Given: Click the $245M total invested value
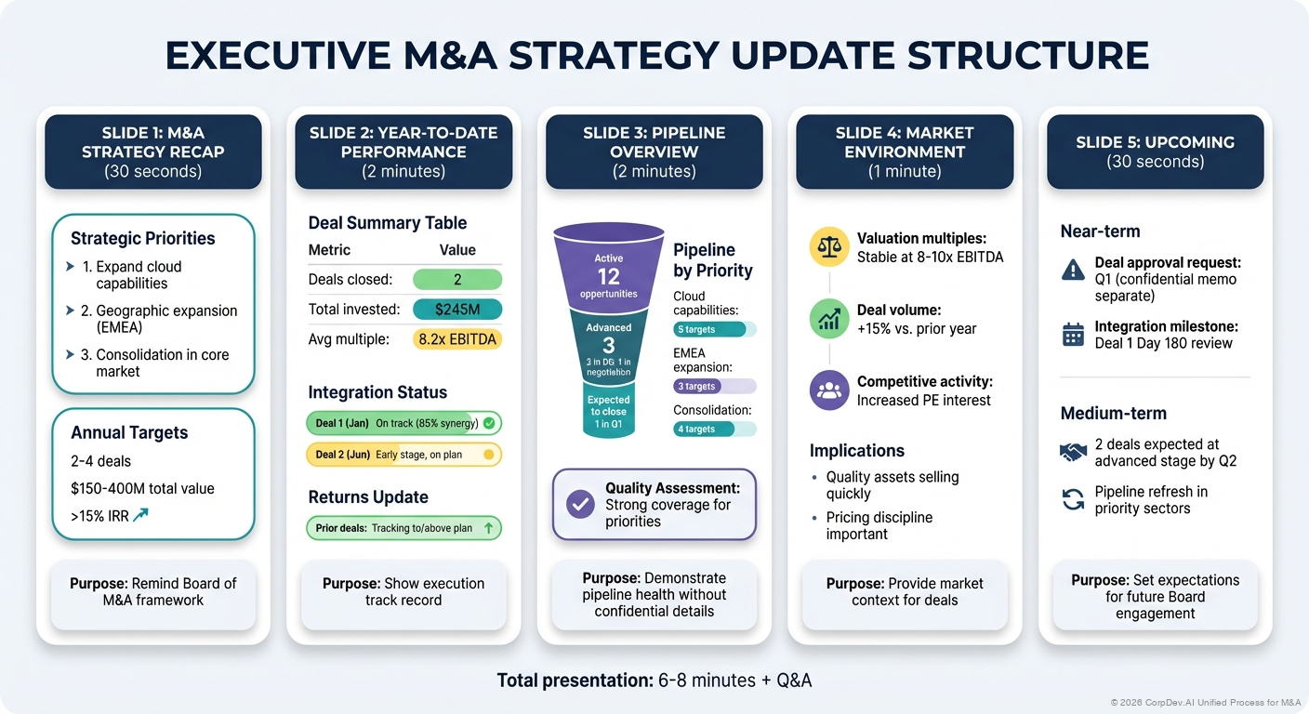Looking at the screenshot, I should point(456,310).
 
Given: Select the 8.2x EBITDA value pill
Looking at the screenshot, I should point(456,339).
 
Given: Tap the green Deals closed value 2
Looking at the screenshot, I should point(456,280).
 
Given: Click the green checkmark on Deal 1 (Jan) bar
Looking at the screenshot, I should point(489,423).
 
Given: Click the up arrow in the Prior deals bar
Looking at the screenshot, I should point(488,528).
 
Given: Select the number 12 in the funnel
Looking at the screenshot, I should point(608,276).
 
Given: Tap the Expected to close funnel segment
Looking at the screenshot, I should point(608,411).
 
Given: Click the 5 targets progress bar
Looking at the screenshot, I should point(714,329).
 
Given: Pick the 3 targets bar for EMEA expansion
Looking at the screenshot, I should point(714,386).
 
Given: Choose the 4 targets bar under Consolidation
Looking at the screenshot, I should point(714,429).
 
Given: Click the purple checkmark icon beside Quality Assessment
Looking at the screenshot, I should point(581,504).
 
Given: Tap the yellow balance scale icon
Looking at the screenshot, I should point(828,246).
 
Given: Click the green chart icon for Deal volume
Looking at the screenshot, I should point(828,318).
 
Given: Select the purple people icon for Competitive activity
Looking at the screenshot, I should point(828,390).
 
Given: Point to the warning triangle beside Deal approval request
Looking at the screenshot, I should point(1073,270).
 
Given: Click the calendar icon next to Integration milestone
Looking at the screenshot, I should point(1073,335).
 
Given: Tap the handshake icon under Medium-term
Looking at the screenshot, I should point(1073,453).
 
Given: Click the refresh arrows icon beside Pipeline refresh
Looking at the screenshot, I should point(1073,500).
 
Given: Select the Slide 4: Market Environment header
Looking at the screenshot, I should point(905,152).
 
